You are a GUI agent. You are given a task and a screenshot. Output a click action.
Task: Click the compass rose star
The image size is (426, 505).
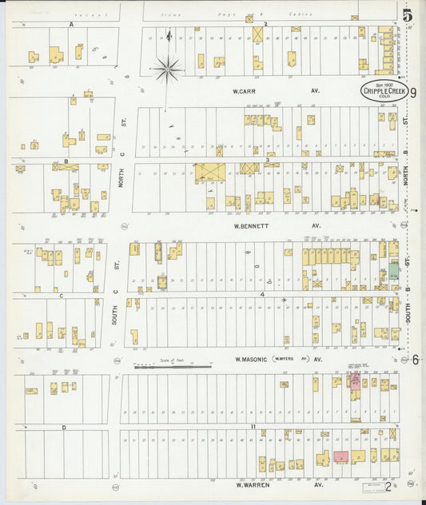tap(167, 70)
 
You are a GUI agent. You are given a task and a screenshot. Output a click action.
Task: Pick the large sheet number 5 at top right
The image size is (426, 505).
tap(408, 14)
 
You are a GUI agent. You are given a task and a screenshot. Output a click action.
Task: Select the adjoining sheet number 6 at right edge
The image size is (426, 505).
tap(416, 359)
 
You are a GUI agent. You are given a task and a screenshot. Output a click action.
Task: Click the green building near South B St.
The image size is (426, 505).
tap(393, 272)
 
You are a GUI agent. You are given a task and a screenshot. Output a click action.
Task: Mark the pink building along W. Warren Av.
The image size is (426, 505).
tap(340, 457)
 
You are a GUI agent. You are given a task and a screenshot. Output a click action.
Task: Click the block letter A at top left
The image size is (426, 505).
tap(71, 25)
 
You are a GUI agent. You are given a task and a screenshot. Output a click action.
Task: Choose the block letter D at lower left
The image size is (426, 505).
tap(63, 427)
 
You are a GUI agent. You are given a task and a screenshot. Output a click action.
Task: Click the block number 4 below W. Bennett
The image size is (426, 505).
tap(261, 294)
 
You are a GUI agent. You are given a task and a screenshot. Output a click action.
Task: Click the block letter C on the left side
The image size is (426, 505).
tap(62, 295)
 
